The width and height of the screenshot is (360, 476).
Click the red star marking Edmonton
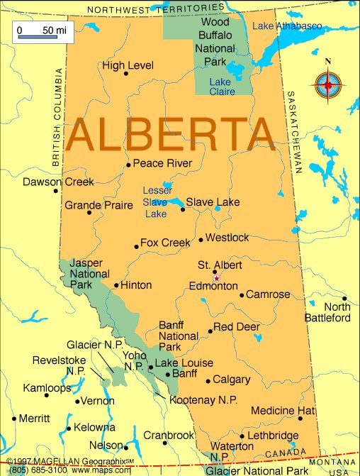[x=216, y=278]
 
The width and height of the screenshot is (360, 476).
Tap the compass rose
[x=327, y=84]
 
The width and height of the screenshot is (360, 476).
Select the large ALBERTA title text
[x=171, y=133]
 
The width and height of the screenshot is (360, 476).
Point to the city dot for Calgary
[x=208, y=381]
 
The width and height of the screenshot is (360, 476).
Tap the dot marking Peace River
[x=128, y=165]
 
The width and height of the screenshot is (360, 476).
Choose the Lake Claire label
[x=222, y=87]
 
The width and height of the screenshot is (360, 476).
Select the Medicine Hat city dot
[x=300, y=419]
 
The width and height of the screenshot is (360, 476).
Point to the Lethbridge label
[x=274, y=435]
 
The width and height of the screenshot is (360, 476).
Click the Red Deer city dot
[x=210, y=331]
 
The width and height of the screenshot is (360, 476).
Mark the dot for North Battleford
[x=345, y=299]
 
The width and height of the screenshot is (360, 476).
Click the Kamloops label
[x=47, y=388]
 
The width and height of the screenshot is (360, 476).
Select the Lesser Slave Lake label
[x=157, y=201]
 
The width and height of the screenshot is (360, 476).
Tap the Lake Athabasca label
[x=286, y=26]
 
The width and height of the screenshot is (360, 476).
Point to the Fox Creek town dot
[x=136, y=246]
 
